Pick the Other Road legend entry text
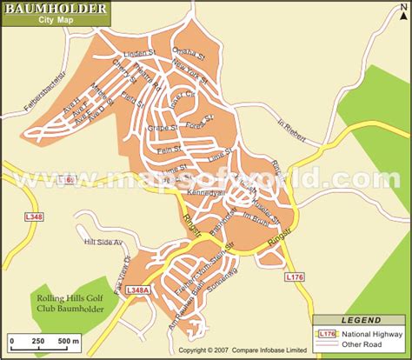click(x=369, y=344)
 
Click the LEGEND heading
click(x=360, y=319)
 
